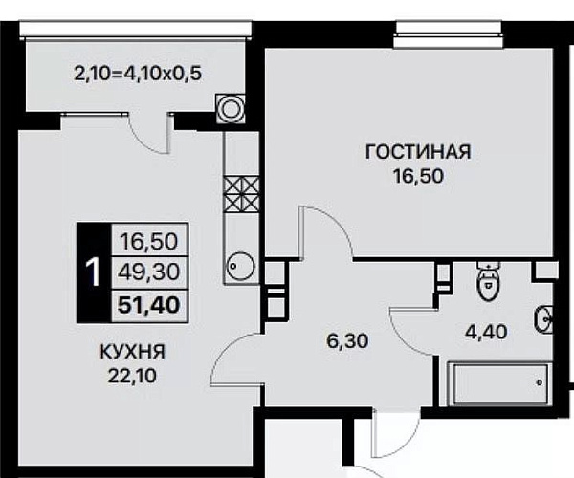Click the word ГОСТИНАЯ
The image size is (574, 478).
coord(418,152)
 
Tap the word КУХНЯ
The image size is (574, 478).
coord(133,352)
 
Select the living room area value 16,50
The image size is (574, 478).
coord(418,176)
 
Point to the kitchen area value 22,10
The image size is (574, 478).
coord(132,376)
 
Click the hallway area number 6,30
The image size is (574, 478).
coord(348,341)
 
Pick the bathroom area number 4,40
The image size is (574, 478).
coord(486,332)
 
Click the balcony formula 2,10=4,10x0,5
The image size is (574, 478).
coord(138,75)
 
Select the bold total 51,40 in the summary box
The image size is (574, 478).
coord(149,305)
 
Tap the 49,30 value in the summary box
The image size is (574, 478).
coord(149,272)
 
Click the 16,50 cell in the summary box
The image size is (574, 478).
coord(149,242)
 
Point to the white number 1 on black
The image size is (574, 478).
coord(93,272)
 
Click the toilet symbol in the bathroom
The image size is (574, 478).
coord(488,281)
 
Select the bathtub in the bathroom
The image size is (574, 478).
coord(499,383)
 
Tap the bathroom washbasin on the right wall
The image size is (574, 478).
coord(544,319)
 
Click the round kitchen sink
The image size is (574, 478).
coord(241,267)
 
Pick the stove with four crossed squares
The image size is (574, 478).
coord(241,195)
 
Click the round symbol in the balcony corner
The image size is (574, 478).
coord(231,109)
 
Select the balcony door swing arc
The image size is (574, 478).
coord(145,140)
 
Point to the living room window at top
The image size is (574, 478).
coord(449,34)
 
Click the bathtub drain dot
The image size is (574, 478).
coord(540,383)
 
